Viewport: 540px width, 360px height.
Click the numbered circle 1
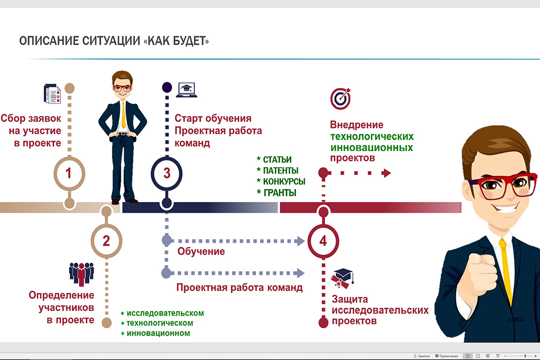(x=69, y=173)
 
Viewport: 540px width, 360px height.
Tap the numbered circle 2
(x=106, y=241)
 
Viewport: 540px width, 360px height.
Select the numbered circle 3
(x=167, y=173)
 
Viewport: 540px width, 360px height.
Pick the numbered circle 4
(x=323, y=241)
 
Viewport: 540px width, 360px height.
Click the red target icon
(x=341, y=98)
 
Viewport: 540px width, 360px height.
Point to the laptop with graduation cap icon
(x=187, y=90)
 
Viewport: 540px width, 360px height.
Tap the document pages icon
(x=52, y=93)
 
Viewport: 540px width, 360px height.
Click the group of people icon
(x=82, y=274)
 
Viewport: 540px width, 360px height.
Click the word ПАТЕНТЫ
(x=281, y=171)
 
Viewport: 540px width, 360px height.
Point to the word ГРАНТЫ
(x=280, y=193)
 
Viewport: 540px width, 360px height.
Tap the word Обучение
(x=201, y=252)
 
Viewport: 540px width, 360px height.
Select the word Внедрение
(x=356, y=125)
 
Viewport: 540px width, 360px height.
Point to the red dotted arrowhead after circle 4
(x=386, y=173)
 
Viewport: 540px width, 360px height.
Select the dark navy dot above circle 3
(x=167, y=87)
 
